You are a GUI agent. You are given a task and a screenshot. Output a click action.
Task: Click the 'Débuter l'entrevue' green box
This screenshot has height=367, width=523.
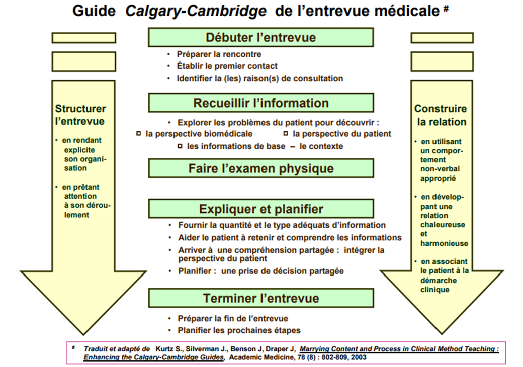261,37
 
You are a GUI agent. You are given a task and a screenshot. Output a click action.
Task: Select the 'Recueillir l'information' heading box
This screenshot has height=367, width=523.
261,103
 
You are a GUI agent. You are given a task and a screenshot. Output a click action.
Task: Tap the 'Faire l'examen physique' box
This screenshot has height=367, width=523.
261,168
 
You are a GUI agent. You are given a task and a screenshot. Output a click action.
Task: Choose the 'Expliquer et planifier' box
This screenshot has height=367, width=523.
261,209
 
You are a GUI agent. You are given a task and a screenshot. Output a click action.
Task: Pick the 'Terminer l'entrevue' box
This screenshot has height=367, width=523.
261,298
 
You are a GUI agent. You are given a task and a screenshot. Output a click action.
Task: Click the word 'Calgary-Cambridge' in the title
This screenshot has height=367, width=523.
196,11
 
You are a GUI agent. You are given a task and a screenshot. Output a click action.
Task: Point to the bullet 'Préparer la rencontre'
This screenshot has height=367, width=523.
219,54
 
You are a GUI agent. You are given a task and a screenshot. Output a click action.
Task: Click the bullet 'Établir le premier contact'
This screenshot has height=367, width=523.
227,66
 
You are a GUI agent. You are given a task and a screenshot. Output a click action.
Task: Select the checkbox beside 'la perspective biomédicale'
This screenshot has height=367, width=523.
139,134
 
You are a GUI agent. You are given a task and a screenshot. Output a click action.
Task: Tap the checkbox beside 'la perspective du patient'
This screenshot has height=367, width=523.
286,134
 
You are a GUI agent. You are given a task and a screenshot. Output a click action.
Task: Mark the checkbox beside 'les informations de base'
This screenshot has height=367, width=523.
180,146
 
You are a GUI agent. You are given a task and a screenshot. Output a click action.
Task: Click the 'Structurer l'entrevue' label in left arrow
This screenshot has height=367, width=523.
80,115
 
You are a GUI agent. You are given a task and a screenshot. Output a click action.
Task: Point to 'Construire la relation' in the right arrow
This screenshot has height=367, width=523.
441,115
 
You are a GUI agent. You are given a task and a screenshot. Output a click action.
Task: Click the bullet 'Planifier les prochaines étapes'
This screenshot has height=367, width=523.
239,330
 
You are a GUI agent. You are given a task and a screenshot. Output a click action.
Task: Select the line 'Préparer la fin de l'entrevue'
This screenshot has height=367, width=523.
233,318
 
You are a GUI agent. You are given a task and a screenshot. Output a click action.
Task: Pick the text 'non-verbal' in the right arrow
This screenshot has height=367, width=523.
440,169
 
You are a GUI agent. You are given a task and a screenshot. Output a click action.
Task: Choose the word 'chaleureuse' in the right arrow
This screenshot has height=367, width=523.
443,225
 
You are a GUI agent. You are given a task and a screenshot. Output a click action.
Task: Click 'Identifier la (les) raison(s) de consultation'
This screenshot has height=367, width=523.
260,78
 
